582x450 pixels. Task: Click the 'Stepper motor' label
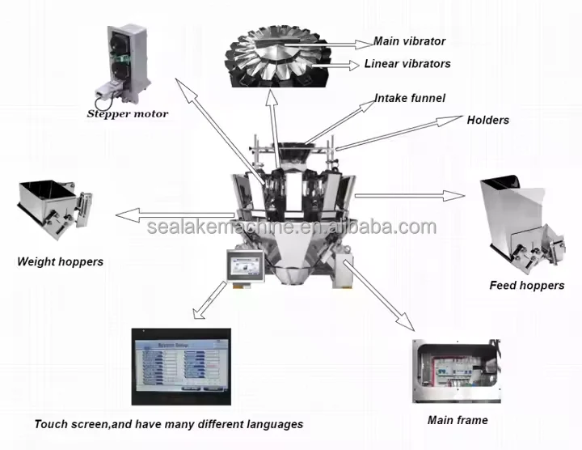pyautogui.click(x=128, y=114)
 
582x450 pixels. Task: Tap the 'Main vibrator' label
pyautogui.click(x=409, y=41)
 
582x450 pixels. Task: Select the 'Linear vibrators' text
pyautogui.click(x=407, y=63)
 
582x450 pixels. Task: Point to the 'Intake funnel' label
pyautogui.click(x=409, y=99)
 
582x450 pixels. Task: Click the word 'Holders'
pyautogui.click(x=488, y=120)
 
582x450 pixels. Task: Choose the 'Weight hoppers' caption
pyautogui.click(x=61, y=261)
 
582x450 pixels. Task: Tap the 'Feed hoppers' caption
pyautogui.click(x=526, y=285)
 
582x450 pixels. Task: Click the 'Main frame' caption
pyautogui.click(x=458, y=420)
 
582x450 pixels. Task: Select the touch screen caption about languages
pyautogui.click(x=169, y=424)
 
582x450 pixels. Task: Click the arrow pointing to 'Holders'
pyautogui.click(x=396, y=132)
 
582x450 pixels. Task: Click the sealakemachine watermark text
pyautogui.click(x=291, y=227)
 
